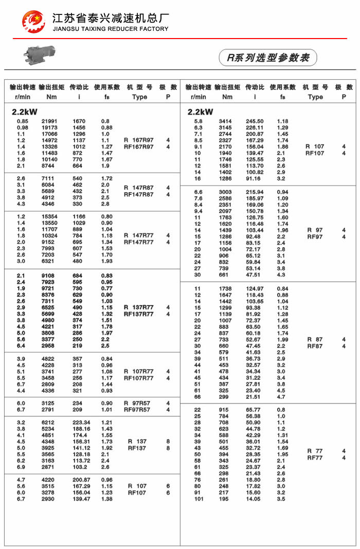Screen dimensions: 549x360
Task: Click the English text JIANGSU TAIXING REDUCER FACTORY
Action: pos(111,29)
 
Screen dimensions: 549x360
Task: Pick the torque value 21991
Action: pos(50,121)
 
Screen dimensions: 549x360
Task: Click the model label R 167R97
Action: pos(139,140)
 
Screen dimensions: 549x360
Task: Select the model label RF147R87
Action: pos(139,194)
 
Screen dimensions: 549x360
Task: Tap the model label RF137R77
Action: pos(139,314)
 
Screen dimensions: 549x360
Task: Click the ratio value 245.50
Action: pos(255,121)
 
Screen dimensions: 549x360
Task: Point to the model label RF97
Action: pos(315,236)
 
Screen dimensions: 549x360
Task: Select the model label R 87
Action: pos(315,339)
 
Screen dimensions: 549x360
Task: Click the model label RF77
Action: pos(315,457)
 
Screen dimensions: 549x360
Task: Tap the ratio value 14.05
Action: pos(254,499)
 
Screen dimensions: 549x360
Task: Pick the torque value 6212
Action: pos(50,423)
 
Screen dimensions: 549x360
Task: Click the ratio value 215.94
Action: pos(255,192)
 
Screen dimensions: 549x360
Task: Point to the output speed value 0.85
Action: pos(22,121)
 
